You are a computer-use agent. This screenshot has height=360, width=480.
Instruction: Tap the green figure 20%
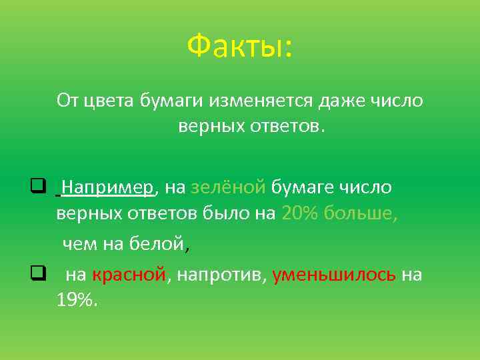[300, 214]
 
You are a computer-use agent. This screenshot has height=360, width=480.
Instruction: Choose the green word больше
[361, 214]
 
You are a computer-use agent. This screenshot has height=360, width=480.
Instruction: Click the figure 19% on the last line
[76, 301]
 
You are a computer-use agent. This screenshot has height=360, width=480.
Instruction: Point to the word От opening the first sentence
[67, 101]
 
